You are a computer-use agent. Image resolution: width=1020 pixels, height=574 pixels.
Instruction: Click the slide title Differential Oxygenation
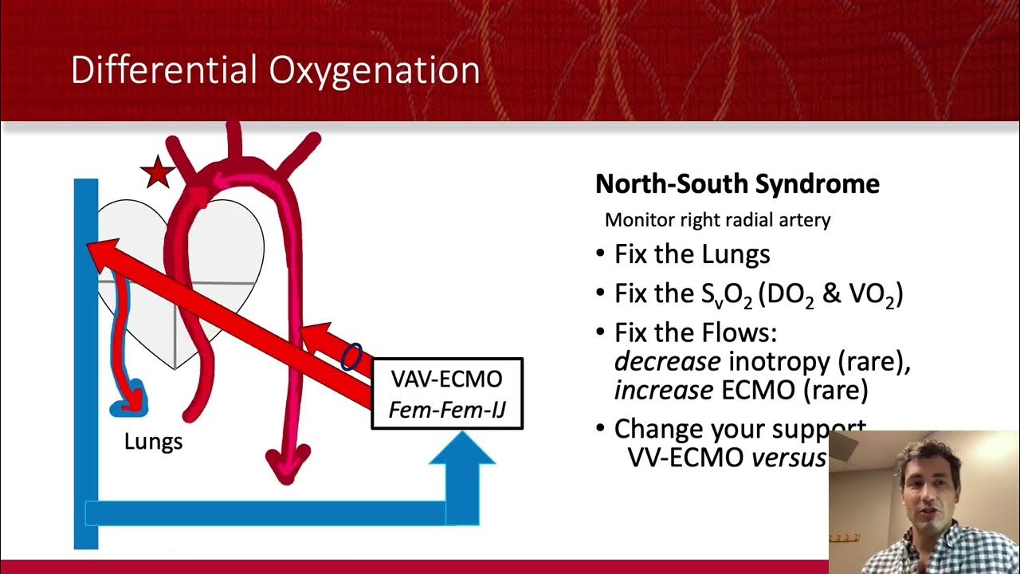(275, 70)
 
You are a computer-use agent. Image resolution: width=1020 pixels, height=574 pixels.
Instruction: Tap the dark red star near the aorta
(157, 173)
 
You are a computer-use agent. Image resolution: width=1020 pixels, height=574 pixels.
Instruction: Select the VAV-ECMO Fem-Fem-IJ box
(447, 394)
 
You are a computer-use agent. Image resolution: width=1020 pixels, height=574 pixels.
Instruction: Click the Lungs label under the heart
(153, 441)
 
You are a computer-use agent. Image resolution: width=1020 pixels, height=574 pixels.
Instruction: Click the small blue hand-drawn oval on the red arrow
(351, 356)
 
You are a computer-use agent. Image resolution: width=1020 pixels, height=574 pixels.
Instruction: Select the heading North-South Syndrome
(737, 184)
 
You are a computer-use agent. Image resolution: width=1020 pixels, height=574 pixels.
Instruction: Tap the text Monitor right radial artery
(717, 220)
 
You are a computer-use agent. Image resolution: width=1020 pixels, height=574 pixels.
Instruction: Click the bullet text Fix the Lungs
(692, 254)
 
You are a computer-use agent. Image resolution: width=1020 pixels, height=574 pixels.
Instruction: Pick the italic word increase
(663, 390)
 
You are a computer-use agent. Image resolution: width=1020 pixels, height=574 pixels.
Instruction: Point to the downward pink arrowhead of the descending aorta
(286, 466)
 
